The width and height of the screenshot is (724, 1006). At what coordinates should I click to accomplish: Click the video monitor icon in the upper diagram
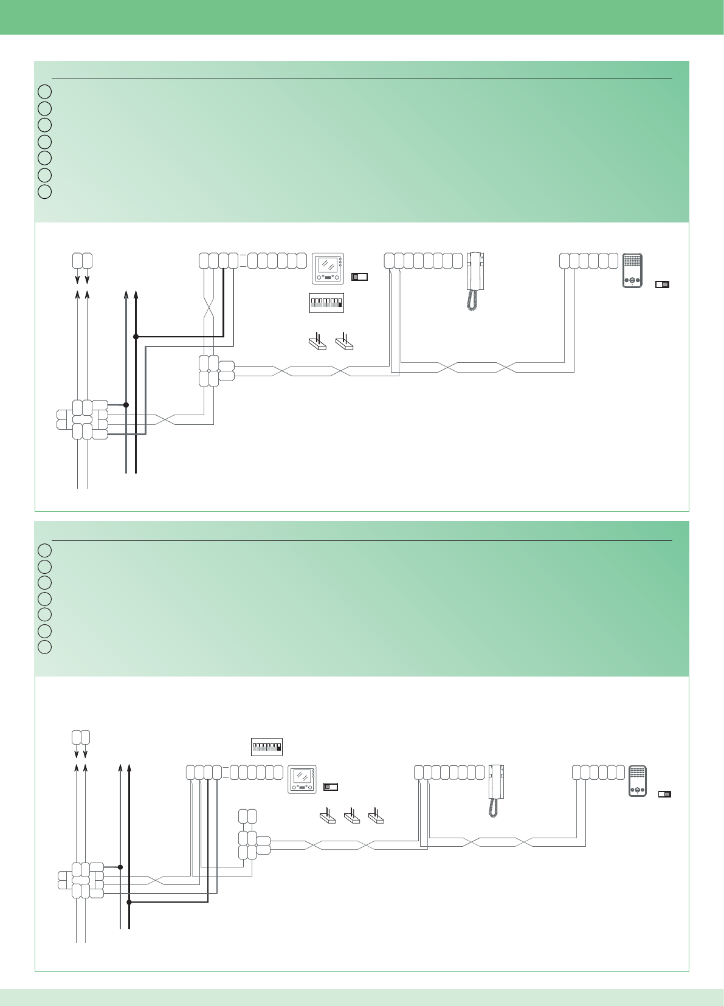pos(328,269)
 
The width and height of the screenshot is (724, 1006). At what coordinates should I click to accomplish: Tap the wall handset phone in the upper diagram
pos(475,272)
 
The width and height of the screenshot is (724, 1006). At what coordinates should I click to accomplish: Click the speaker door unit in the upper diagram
pos(632,270)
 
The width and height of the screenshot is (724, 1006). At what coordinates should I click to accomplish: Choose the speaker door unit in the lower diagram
pos(637,780)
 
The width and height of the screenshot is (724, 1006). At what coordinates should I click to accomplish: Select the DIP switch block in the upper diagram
pos(326,303)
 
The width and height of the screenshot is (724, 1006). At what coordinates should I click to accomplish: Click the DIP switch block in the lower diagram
pos(267,746)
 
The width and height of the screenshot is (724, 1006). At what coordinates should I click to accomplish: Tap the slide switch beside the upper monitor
pos(359,277)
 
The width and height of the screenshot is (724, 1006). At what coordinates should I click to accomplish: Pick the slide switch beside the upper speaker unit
pos(662,284)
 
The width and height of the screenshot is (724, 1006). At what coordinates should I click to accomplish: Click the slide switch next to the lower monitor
pos(330,787)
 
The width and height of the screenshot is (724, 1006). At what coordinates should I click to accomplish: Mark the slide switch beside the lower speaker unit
pos(664,794)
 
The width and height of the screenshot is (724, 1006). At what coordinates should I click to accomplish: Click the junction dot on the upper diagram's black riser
pos(136,336)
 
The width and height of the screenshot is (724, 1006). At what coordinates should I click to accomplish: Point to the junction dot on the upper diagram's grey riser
pos(126,404)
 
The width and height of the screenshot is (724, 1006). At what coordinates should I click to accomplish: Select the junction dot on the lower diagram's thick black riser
pos(129,903)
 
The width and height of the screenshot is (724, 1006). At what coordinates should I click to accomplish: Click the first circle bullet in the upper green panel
pos(44,92)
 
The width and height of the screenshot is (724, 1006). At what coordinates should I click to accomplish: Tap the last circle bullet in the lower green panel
pos(44,647)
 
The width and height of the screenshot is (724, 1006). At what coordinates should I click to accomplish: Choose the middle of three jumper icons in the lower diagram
pos(351,816)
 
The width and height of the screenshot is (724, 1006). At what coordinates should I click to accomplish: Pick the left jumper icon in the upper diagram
pos(317,342)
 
